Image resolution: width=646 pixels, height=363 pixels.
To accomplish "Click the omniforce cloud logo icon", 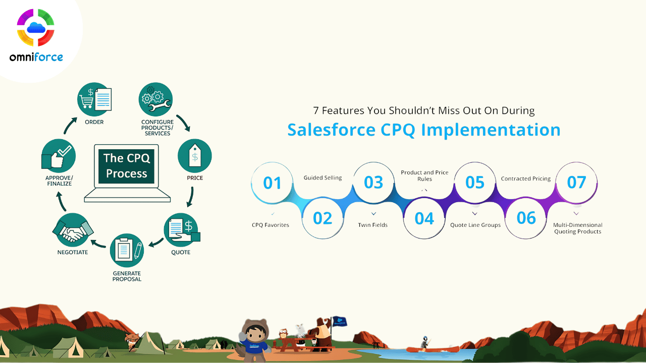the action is [36, 27].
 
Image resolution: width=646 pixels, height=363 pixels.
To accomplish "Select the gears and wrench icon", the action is [156, 99].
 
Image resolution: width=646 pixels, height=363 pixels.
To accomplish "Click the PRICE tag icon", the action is [195, 156].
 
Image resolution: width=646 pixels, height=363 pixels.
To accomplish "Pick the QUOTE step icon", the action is [182, 229].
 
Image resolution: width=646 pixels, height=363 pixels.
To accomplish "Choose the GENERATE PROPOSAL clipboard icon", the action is [127, 250].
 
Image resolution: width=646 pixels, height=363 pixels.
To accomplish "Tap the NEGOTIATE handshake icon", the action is [73, 229].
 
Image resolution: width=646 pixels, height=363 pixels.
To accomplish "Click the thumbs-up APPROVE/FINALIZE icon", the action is [59, 156].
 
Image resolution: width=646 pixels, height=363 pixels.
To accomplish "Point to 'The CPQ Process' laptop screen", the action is [126, 166].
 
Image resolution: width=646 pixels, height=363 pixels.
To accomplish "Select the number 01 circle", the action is [272, 183].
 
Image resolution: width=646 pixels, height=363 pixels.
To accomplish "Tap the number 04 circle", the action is [424, 218].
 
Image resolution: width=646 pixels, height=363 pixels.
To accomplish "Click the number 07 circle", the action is [576, 183].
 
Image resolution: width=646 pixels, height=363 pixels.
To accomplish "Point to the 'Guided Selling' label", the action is [322, 178].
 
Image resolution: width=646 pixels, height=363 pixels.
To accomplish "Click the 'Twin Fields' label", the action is [372, 225].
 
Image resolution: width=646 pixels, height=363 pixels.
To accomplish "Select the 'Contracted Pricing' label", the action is [526, 178].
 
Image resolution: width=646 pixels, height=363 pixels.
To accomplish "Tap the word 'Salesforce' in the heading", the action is [332, 130].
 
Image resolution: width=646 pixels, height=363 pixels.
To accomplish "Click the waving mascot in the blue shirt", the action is [253, 340].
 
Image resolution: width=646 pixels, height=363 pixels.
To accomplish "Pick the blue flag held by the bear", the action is [340, 321].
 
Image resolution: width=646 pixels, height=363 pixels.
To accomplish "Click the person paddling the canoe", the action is [425, 342].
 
